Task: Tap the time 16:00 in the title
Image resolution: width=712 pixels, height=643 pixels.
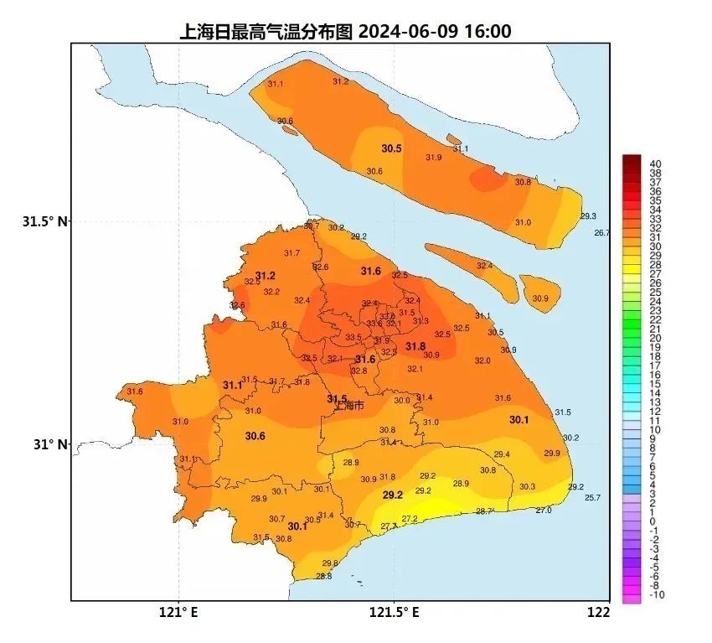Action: click(487, 32)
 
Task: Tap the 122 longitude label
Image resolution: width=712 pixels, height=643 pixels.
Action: click(599, 613)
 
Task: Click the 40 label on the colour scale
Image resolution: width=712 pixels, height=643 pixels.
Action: click(656, 163)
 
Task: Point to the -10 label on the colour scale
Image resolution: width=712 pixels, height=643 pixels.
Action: click(657, 594)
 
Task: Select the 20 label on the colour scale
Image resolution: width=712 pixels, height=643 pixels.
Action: click(656, 338)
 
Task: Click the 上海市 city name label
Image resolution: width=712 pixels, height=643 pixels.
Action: click(349, 407)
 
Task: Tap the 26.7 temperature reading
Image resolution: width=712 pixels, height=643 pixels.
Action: click(602, 233)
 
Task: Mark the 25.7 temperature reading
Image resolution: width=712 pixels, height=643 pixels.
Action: click(592, 498)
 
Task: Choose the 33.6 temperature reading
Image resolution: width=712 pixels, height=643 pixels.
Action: click(374, 324)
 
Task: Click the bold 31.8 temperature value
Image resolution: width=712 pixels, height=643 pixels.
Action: click(415, 346)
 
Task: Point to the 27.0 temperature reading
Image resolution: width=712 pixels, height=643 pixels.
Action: click(544, 510)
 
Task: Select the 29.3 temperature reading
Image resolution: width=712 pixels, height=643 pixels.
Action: click(588, 216)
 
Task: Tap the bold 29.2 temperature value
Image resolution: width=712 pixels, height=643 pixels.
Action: click(393, 495)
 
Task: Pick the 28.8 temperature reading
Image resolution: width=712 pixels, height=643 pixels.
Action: click(324, 576)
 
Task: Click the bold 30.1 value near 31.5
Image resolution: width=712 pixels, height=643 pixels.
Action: click(519, 420)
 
